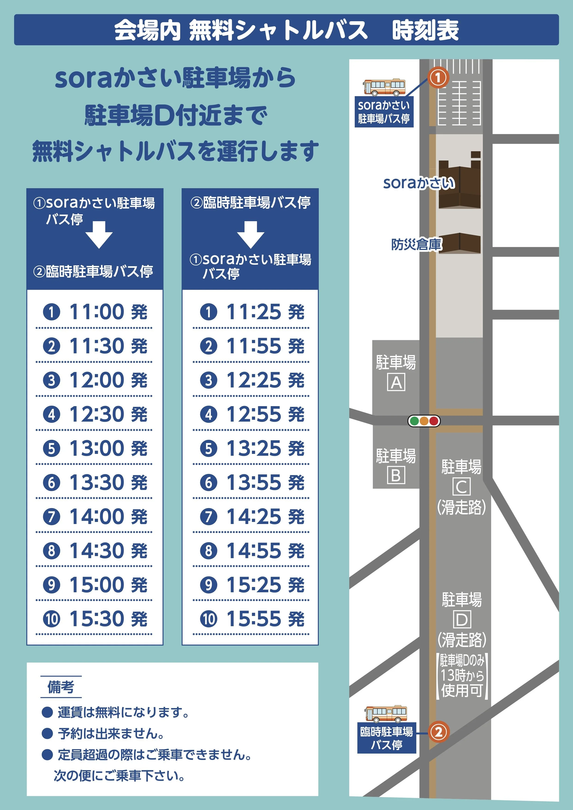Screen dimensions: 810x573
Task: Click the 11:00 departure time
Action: pyautogui.click(x=96, y=312)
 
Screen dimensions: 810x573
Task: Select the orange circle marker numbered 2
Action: pyautogui.click(x=438, y=732)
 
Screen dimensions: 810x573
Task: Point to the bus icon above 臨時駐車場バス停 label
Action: pyautogui.click(x=386, y=714)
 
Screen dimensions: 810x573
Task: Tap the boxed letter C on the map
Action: pyautogui.click(x=462, y=487)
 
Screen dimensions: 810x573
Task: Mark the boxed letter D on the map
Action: pyautogui.click(x=462, y=619)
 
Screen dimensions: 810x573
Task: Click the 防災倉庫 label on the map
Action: pyautogui.click(x=416, y=244)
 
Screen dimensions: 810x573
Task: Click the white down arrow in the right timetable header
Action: pyautogui.click(x=251, y=235)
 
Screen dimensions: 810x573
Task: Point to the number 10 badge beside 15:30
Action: pyautogui.click(x=51, y=619)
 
